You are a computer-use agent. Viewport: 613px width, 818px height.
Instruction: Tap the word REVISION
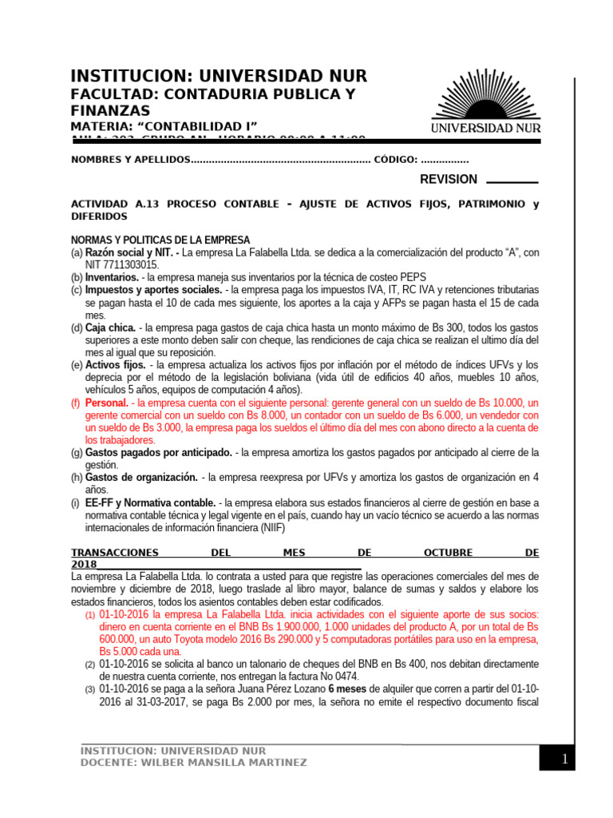(449, 180)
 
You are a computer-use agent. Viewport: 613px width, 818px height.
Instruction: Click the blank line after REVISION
(512, 182)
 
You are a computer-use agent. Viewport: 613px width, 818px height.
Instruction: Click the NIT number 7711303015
(122, 264)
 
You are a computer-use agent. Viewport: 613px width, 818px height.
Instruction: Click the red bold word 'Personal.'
(107, 403)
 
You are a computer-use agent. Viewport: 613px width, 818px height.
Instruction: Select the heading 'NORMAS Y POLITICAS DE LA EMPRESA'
(160, 240)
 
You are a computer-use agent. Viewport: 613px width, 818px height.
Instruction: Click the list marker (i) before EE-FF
(77, 502)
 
